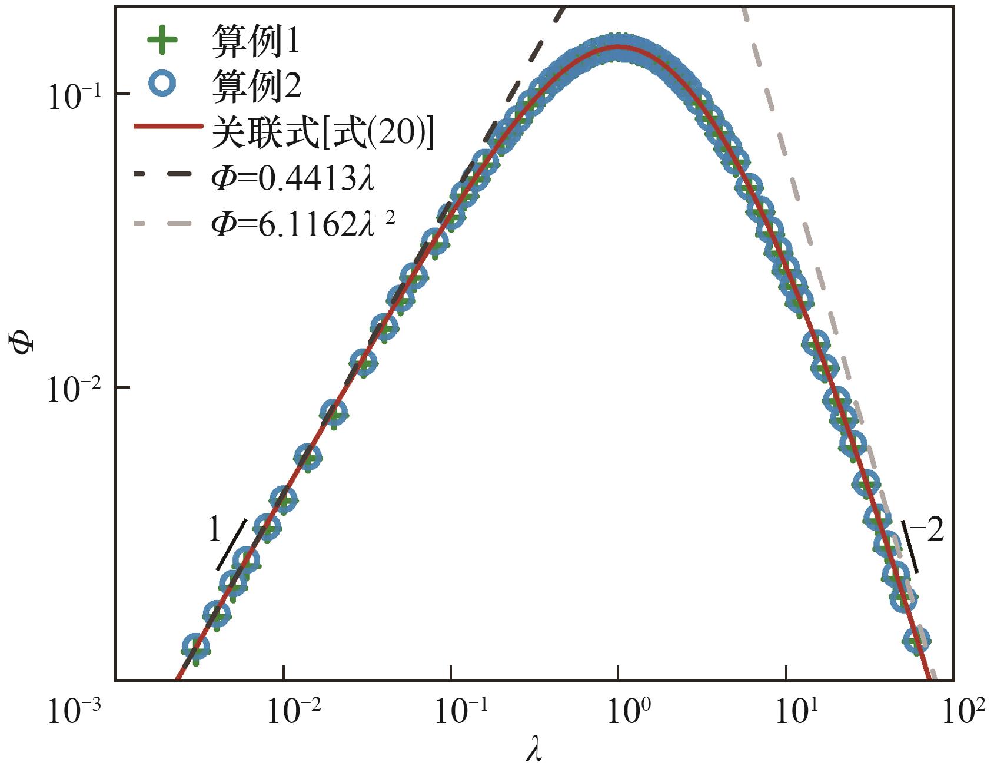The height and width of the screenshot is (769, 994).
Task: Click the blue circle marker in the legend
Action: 162,83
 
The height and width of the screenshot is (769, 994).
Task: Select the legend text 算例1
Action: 255,41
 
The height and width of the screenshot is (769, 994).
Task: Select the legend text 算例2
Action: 256,86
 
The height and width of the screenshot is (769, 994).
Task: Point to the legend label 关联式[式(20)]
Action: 323,131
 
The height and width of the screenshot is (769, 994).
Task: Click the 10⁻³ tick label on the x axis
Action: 74,711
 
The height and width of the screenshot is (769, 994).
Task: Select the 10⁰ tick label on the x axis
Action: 624,711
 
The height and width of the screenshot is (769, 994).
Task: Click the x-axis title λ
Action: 534,750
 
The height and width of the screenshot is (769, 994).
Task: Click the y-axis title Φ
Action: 24,340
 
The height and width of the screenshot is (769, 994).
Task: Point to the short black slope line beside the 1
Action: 231,544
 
